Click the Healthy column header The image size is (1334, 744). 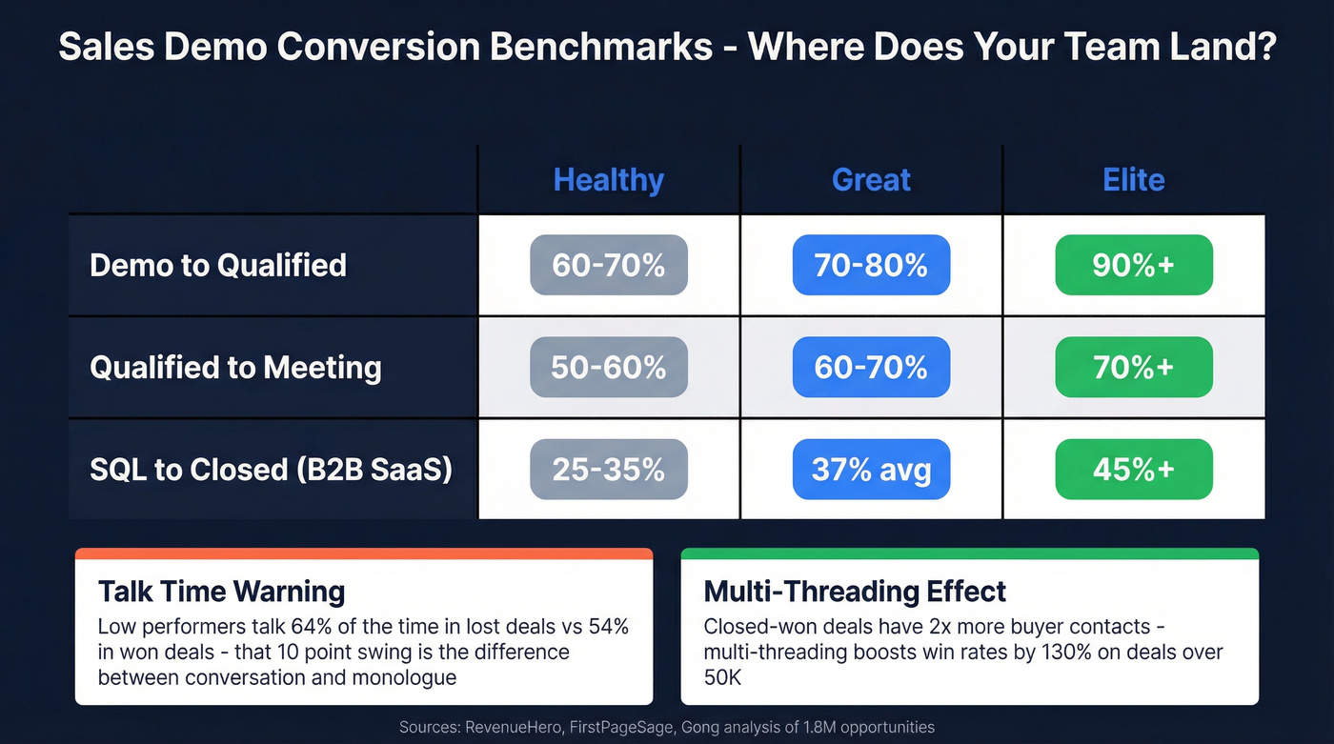608,180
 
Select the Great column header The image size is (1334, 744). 871,180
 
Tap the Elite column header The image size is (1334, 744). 1134,180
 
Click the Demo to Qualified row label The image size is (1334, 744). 218,265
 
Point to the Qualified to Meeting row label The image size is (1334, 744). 235,367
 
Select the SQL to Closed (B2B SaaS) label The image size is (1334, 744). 271,469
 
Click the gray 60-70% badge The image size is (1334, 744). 608,265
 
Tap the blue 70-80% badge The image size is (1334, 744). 871,265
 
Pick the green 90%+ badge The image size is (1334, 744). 1134,265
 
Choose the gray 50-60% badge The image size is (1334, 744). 608,367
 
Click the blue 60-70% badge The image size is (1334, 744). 871,367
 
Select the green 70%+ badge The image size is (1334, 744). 1134,367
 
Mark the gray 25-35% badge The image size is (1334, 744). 608,469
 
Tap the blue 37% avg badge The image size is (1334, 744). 871,469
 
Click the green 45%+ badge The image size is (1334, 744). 1134,469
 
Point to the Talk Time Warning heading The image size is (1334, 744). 221,592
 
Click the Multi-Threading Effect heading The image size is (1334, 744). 855,592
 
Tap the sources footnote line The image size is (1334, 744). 667,727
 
